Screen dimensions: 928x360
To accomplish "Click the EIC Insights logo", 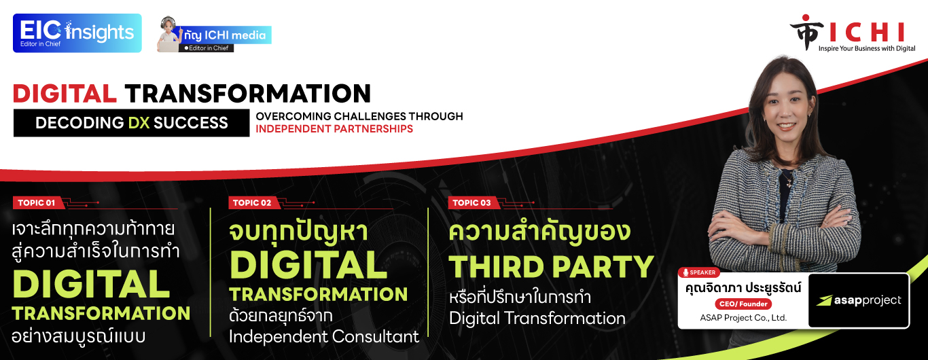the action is (x=77, y=33).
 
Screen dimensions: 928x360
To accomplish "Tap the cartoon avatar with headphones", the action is (x=169, y=34).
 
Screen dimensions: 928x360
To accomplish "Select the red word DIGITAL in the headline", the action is (x=65, y=94).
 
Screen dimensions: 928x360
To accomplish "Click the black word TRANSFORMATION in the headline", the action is (x=248, y=94).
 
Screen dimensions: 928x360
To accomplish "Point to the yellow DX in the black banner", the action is (x=139, y=123).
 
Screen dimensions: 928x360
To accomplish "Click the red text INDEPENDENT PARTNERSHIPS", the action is (x=334, y=129).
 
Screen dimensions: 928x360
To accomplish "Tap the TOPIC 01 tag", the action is (x=37, y=202).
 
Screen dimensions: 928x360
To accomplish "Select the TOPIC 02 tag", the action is (x=252, y=202).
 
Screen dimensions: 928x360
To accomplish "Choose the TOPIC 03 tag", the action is (x=471, y=202).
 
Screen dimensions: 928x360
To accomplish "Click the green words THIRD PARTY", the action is (x=552, y=267).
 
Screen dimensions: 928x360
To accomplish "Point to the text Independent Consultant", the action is (x=323, y=336).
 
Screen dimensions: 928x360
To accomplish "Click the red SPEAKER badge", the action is (x=699, y=272).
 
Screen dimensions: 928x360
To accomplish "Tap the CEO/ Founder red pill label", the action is (x=743, y=304).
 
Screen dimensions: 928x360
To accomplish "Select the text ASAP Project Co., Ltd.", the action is (x=743, y=318).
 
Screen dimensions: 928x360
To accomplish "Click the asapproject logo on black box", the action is (x=859, y=300).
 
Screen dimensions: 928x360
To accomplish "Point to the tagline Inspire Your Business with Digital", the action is (x=867, y=48).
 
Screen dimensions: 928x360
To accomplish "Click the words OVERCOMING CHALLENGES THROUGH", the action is (x=359, y=116).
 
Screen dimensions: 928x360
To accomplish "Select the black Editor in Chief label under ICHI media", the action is (x=207, y=48).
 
